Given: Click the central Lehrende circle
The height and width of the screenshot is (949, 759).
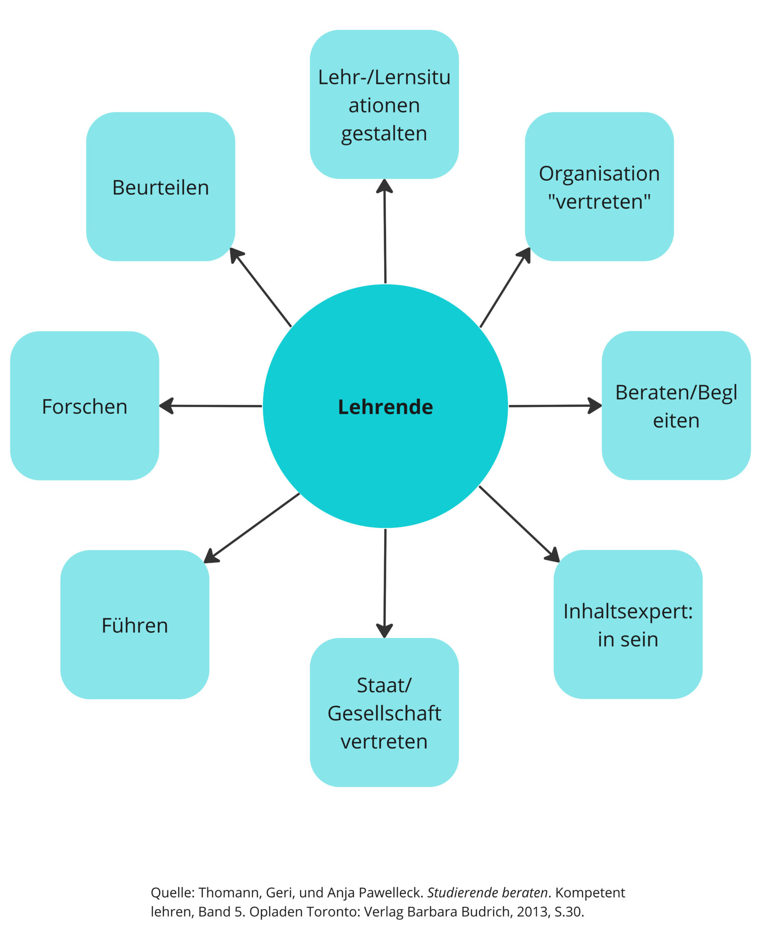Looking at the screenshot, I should click(385, 406).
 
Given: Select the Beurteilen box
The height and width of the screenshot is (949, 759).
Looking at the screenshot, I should click(160, 187).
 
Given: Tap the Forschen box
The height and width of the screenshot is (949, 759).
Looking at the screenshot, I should click(84, 406).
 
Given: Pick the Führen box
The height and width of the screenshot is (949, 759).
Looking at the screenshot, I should click(134, 625).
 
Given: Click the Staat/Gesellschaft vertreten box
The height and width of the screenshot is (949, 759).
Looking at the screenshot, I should click(384, 712).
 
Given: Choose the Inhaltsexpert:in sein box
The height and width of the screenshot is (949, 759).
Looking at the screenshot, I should click(628, 625).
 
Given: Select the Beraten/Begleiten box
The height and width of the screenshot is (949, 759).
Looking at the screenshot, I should click(676, 406).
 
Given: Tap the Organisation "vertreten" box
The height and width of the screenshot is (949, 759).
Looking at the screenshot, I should click(599, 187).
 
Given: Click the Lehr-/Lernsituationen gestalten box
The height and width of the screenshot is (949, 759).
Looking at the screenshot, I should click(384, 105).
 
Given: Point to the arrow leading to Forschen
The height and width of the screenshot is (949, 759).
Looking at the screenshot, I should click(211, 406).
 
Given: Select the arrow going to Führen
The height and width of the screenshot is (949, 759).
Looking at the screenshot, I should click(252, 528).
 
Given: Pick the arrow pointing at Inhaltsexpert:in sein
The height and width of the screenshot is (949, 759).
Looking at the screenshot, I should click(519, 524).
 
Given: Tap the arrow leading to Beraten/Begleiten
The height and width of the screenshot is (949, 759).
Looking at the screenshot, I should click(555, 406).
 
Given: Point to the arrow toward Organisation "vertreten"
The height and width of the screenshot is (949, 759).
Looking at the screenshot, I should click(505, 287).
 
